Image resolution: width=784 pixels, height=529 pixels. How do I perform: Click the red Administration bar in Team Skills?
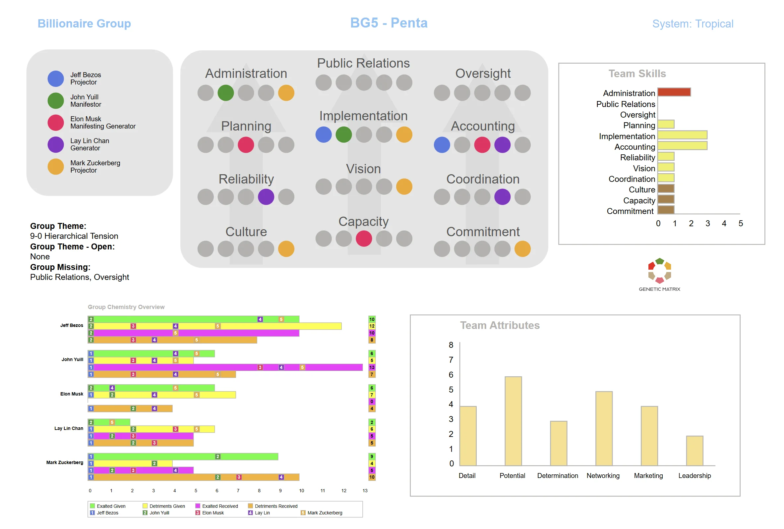tap(674, 92)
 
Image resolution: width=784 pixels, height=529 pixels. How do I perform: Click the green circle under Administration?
tap(226, 93)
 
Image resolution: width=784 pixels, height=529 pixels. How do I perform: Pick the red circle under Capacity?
tap(364, 239)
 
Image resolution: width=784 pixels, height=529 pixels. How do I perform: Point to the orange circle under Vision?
tap(404, 186)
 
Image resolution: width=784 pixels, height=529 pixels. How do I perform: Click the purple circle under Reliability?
tap(266, 197)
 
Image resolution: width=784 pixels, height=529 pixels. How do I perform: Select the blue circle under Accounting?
tap(442, 145)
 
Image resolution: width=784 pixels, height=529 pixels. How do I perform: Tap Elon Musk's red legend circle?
tap(56, 122)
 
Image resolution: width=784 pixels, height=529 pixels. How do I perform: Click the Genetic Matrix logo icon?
tap(659, 270)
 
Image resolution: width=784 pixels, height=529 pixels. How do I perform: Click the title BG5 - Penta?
tap(389, 23)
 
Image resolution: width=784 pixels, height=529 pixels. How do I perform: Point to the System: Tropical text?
tap(693, 24)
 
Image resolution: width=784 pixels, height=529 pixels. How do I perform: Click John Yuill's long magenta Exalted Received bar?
tap(225, 367)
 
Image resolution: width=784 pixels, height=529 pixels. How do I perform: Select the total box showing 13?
tap(372, 367)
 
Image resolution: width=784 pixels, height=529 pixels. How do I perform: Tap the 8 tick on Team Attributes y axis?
tap(451, 345)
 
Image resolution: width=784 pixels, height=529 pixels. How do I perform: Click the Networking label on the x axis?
tap(603, 475)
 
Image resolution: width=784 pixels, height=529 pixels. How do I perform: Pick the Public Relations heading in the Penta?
tap(363, 63)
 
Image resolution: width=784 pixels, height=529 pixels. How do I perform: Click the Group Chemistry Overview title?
tap(126, 307)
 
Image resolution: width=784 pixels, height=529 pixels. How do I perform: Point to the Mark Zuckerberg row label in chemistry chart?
tap(65, 462)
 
